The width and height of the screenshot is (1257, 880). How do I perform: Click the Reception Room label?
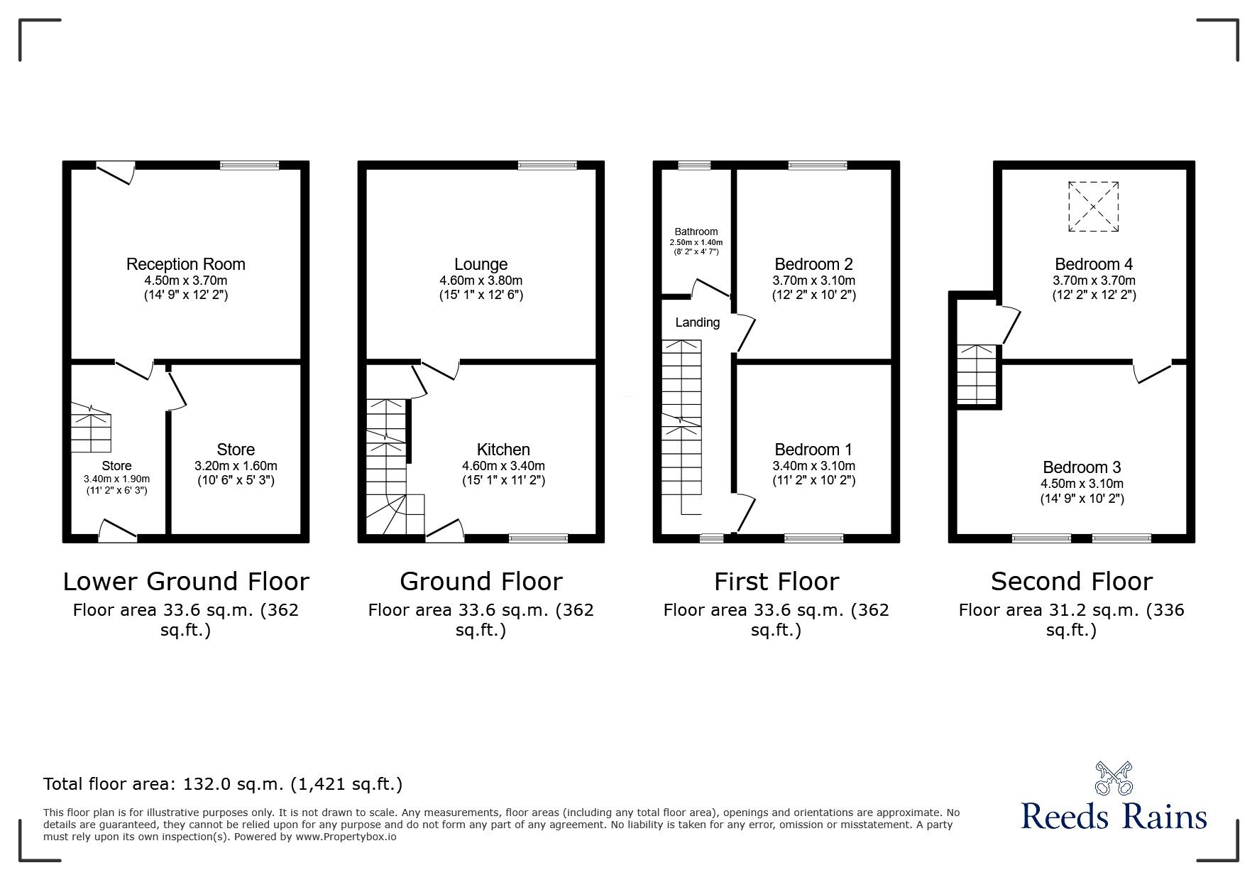pyautogui.click(x=185, y=264)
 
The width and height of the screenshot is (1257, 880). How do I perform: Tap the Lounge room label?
pyautogui.click(x=481, y=264)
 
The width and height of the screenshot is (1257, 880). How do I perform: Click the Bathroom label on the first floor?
pyautogui.click(x=696, y=232)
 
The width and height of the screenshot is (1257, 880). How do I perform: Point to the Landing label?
pyautogui.click(x=697, y=322)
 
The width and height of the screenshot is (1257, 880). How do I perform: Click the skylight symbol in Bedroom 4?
pyautogui.click(x=1093, y=207)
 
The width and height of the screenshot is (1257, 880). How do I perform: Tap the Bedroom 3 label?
pyautogui.click(x=1081, y=467)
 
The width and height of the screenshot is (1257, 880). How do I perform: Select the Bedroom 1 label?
pyautogui.click(x=813, y=450)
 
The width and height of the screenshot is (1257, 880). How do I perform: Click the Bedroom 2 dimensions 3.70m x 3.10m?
pyautogui.click(x=813, y=281)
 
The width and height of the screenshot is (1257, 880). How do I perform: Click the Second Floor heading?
pyautogui.click(x=1071, y=582)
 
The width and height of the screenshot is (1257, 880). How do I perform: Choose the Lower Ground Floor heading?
pyautogui.click(x=186, y=582)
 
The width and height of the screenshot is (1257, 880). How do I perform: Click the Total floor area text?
pyautogui.click(x=223, y=784)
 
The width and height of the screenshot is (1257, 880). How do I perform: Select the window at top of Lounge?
pyautogui.click(x=547, y=165)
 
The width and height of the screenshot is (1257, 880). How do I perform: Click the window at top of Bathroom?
pyautogui.click(x=693, y=165)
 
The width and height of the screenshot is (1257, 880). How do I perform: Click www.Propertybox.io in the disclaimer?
pyautogui.click(x=346, y=837)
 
